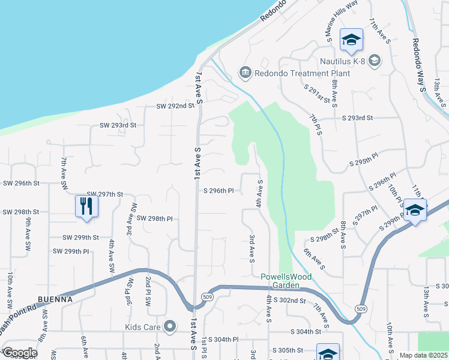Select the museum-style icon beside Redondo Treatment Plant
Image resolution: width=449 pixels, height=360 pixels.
pyautogui.click(x=245, y=73)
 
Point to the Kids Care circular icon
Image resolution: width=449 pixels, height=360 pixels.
pyautogui.click(x=170, y=327)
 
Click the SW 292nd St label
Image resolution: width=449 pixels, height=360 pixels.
pyautogui.click(x=175, y=106)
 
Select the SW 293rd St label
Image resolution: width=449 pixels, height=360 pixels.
pyautogui.click(x=118, y=125)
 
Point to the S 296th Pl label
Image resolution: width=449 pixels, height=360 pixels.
pyautogui.click(x=218, y=191)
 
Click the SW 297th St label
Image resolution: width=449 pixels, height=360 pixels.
pyautogui.click(x=105, y=194)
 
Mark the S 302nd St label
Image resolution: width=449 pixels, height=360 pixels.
pyautogui.click(x=289, y=299)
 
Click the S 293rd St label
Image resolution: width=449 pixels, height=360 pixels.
pyautogui.click(x=357, y=118)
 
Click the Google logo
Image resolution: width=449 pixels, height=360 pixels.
pyautogui.click(x=20, y=353)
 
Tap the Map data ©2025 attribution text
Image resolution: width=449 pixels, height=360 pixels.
pyautogui.click(x=423, y=355)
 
